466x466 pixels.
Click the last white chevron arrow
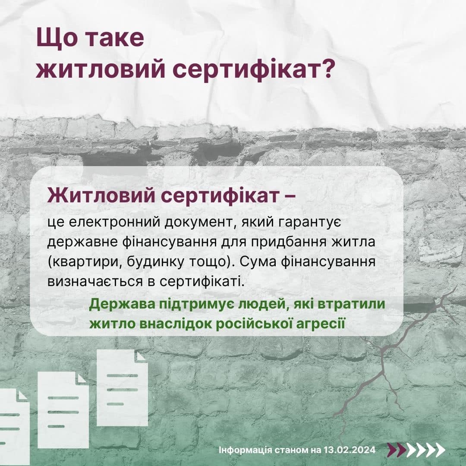click(x=439, y=450)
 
